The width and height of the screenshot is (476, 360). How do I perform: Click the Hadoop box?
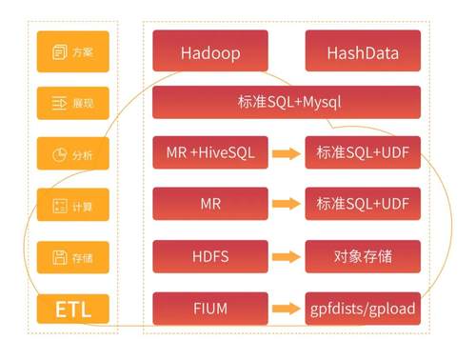pyautogui.click(x=210, y=50)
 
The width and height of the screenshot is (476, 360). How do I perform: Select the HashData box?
pyautogui.click(x=363, y=50)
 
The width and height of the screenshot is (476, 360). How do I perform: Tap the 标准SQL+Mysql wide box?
pyautogui.click(x=287, y=102)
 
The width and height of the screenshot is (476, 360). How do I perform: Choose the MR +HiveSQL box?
pyautogui.click(x=210, y=152)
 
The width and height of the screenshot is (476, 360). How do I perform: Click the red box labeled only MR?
pyautogui.click(x=210, y=204)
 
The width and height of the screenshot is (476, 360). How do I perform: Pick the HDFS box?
pyautogui.click(x=210, y=256)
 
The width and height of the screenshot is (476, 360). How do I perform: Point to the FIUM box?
pyautogui.click(x=210, y=309)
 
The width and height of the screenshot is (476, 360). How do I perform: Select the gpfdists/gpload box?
pyautogui.click(x=363, y=309)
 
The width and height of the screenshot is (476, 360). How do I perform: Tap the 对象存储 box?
pyautogui.click(x=363, y=256)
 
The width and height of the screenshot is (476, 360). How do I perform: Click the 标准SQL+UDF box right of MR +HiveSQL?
pyautogui.click(x=363, y=152)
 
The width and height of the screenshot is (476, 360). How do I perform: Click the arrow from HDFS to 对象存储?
pyautogui.click(x=287, y=256)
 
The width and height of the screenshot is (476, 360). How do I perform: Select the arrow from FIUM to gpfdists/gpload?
pyautogui.click(x=287, y=309)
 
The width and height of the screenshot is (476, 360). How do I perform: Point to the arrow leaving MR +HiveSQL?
pyautogui.click(x=287, y=153)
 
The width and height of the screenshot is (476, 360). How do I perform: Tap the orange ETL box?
pyautogui.click(x=73, y=309)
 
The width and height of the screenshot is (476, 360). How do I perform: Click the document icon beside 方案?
pyautogui.click(x=60, y=52)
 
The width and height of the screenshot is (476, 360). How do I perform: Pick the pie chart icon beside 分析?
pyautogui.click(x=59, y=155)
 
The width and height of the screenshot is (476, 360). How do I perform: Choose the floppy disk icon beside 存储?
pyautogui.click(x=60, y=257)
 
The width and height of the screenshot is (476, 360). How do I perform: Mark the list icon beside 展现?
pyautogui.click(x=59, y=103)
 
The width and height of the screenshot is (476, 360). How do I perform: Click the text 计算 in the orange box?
pyautogui.click(x=82, y=207)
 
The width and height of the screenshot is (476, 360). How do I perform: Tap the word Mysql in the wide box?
pyautogui.click(x=322, y=103)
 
